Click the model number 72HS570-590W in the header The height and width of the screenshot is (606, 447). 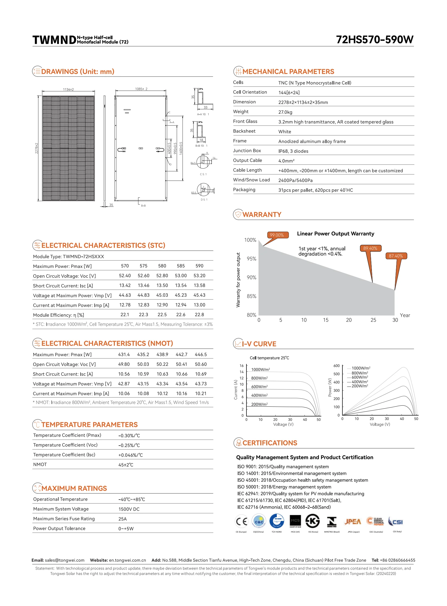pos(375,40)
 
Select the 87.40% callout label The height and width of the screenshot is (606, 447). pos(396,256)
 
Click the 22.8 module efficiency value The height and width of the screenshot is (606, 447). pos(199,315)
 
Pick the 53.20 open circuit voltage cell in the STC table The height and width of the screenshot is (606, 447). pos(199,276)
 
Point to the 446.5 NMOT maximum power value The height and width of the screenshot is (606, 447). pos(201,355)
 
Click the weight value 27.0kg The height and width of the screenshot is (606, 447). pos(285,112)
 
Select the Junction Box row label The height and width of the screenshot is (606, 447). pos(247,151)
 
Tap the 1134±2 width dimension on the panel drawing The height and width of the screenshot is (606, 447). pos(68,89)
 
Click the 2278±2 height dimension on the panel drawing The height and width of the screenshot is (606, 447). pos(36,148)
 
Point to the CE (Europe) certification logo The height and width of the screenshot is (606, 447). pos(241,521)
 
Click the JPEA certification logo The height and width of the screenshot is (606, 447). pos(353,522)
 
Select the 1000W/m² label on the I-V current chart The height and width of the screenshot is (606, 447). pos(260,370)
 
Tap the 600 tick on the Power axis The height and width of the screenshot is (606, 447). pos(336,366)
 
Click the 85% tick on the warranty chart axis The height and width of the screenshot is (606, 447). pos(251,296)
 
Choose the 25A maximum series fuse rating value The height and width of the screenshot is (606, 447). pos(122,519)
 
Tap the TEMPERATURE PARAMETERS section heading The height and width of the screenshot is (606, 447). pos(89,425)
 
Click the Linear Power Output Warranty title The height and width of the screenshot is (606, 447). pos(336,234)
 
